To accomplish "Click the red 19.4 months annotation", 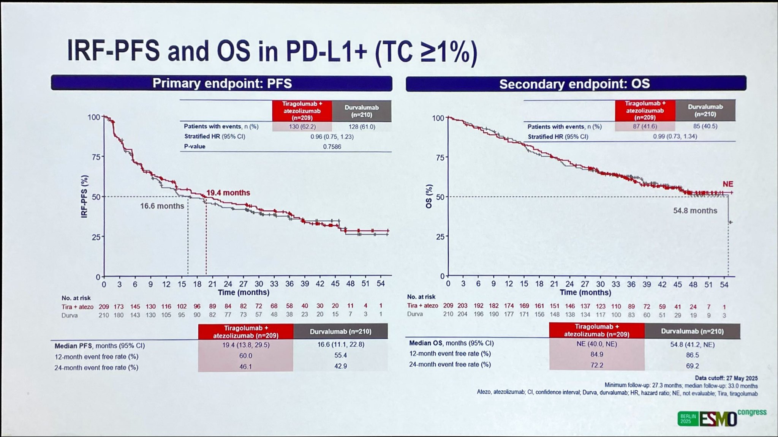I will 228,193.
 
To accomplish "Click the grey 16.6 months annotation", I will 162,206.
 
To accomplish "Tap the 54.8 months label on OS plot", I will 695,211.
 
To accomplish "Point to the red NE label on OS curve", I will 728,184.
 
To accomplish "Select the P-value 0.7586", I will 332,147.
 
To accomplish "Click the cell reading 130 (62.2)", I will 302,127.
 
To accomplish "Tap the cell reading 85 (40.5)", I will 705,126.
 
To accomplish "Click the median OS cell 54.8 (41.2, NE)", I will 692,345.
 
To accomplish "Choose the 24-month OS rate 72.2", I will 597,365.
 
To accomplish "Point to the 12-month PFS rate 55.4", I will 340,355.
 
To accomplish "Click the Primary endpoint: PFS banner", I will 222,84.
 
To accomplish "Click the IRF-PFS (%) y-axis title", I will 84,196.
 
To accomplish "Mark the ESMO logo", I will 718,419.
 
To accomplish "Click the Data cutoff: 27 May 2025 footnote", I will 726,378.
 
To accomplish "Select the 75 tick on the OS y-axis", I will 440,158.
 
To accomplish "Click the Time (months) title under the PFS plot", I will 244,292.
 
